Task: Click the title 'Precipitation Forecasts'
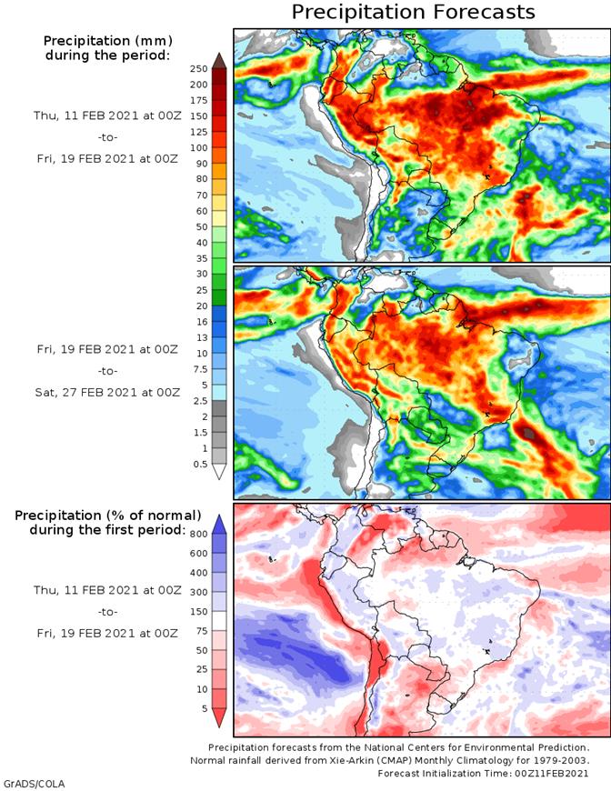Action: coord(413,12)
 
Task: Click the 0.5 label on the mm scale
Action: coord(199,465)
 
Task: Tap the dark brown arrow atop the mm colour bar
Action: coord(219,60)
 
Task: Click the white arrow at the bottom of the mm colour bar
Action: coord(219,473)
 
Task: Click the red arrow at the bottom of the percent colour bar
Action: coord(219,717)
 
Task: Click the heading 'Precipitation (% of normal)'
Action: coord(108,516)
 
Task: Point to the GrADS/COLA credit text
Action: coord(34,783)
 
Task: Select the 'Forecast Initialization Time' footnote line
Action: coord(483,772)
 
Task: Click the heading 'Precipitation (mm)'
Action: coord(108,41)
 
